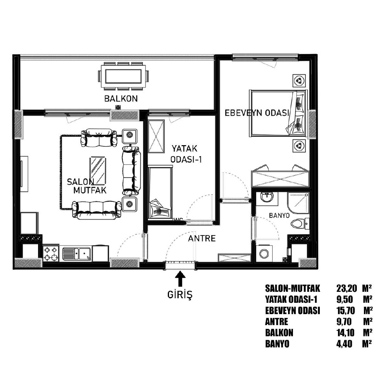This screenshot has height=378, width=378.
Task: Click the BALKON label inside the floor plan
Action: pos(121,99)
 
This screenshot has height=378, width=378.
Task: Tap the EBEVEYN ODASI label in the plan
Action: pos(257,113)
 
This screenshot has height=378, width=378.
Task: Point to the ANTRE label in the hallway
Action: pos(202,239)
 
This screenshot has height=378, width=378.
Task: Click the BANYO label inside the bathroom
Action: pos(279,215)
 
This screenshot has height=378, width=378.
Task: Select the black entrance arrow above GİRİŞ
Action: pos(180,279)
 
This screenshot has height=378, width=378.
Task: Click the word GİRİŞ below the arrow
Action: pos(180,294)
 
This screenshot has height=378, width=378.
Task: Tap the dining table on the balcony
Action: pos(123,76)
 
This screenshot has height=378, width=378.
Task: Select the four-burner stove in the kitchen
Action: pos(51,253)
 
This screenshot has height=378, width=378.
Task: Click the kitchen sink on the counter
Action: pos(77,254)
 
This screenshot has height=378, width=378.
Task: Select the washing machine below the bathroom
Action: pos(264,253)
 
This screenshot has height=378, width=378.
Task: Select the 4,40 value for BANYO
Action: pos(344,344)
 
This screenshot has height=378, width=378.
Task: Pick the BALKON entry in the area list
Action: pos(279,333)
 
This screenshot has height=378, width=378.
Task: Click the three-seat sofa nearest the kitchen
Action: pos(97,210)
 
